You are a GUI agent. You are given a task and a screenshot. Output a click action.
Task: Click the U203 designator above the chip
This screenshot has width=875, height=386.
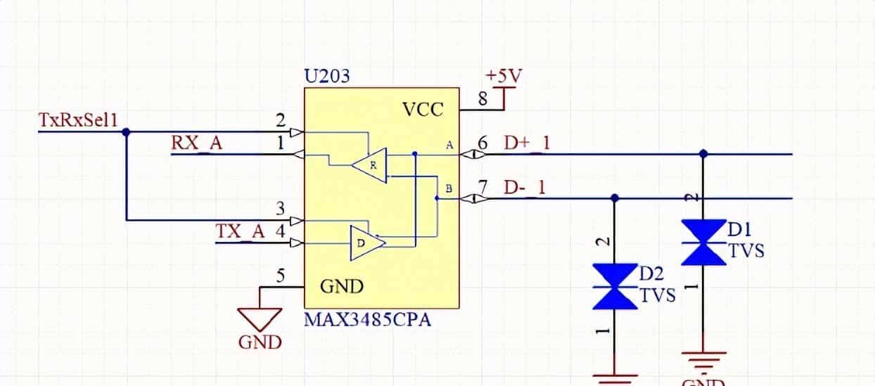pos(326,76)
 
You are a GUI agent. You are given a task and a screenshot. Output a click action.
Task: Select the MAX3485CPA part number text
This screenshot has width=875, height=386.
pos(367,321)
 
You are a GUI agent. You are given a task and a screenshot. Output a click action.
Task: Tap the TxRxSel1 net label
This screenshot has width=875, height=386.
pos(77,120)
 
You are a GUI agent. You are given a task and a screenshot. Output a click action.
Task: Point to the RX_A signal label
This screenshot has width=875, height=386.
pos(196,143)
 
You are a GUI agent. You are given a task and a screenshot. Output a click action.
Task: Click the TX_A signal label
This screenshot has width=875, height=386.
pos(240,231)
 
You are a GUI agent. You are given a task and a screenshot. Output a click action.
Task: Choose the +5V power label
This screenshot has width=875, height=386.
pos(504,76)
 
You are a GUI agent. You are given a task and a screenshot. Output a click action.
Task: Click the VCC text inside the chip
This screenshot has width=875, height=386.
pos(423,110)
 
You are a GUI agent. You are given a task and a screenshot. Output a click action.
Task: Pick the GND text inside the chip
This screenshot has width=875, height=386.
pos(342,287)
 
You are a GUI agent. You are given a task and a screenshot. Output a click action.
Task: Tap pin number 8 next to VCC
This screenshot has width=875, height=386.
pos(483,99)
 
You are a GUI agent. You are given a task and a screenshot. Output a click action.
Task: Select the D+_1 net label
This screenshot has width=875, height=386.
pos(527,143)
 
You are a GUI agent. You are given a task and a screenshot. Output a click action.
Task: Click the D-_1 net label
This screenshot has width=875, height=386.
pos(525,188)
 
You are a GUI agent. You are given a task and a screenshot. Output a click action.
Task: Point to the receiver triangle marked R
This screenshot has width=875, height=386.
pos(370,166)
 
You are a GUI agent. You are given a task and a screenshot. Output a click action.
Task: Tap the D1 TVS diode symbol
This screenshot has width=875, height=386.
pos(703,242)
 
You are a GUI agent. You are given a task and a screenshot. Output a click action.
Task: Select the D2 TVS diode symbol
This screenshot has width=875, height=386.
pos(614,286)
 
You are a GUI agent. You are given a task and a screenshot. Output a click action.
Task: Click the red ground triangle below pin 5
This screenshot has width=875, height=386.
pos(260,320)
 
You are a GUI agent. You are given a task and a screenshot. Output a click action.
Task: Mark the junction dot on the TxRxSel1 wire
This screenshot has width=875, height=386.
pos(126,131)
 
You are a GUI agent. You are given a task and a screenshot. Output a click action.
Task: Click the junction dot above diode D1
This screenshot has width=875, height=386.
pos(703,153)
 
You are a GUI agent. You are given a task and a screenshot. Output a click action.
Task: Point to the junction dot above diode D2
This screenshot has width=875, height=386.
pos(614,198)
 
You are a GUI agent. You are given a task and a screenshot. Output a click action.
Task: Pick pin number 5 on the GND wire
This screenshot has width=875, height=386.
pos(281,276)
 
